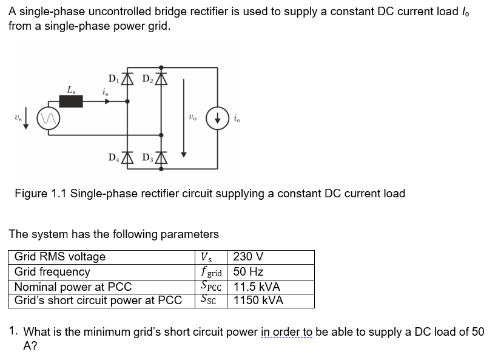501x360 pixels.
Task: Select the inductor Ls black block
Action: click(71, 101)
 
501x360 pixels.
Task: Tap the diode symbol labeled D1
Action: click(127, 78)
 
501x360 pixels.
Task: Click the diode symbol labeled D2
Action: click(161, 78)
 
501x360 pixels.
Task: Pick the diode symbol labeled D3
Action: click(161, 158)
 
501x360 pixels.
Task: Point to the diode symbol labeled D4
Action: click(127, 158)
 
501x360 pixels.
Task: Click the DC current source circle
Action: click(217, 118)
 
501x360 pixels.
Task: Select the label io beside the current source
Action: click(237, 119)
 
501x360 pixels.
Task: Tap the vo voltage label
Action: click(192, 118)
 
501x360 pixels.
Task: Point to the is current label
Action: click(106, 92)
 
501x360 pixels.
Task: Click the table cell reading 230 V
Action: click(248, 257)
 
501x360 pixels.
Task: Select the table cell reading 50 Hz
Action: click(248, 271)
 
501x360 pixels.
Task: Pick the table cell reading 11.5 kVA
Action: click(257, 286)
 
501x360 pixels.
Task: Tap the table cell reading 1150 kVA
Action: click(258, 300)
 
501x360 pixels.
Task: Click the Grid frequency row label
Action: click(52, 271)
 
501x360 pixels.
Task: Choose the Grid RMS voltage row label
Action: click(59, 257)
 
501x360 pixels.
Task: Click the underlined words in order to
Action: click(287, 332)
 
